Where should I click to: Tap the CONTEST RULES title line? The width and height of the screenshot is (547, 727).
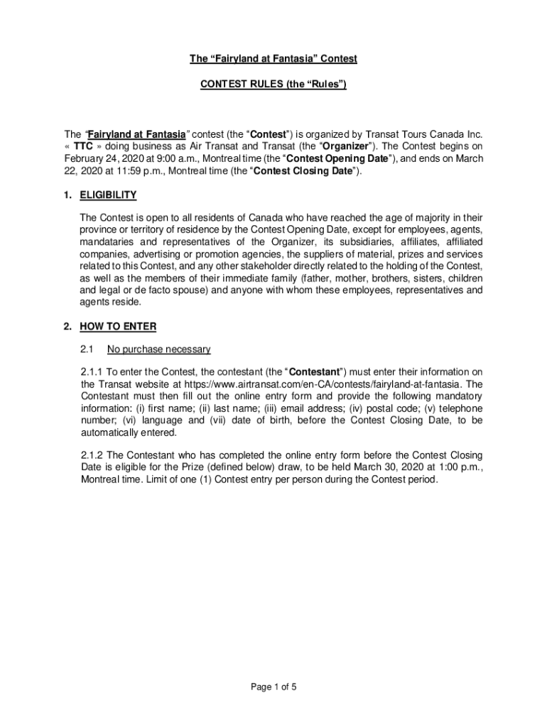[x=273, y=84]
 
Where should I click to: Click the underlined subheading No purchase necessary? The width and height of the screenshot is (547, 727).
[x=158, y=349]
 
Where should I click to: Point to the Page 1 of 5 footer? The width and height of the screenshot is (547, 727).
[x=273, y=687]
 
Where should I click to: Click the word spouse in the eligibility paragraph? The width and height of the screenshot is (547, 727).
[x=181, y=290]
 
